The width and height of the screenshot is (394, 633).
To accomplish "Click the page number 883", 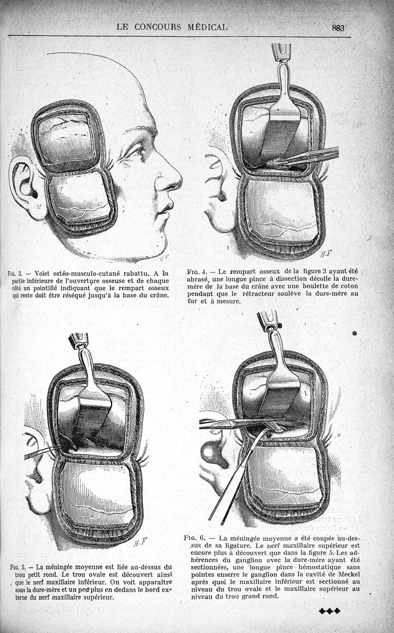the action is [338, 28].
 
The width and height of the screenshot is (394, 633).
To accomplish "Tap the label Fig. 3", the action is [15, 274].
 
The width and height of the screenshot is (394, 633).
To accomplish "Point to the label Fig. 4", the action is [196, 272].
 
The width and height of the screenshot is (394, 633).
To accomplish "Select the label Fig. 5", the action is [18, 567].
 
